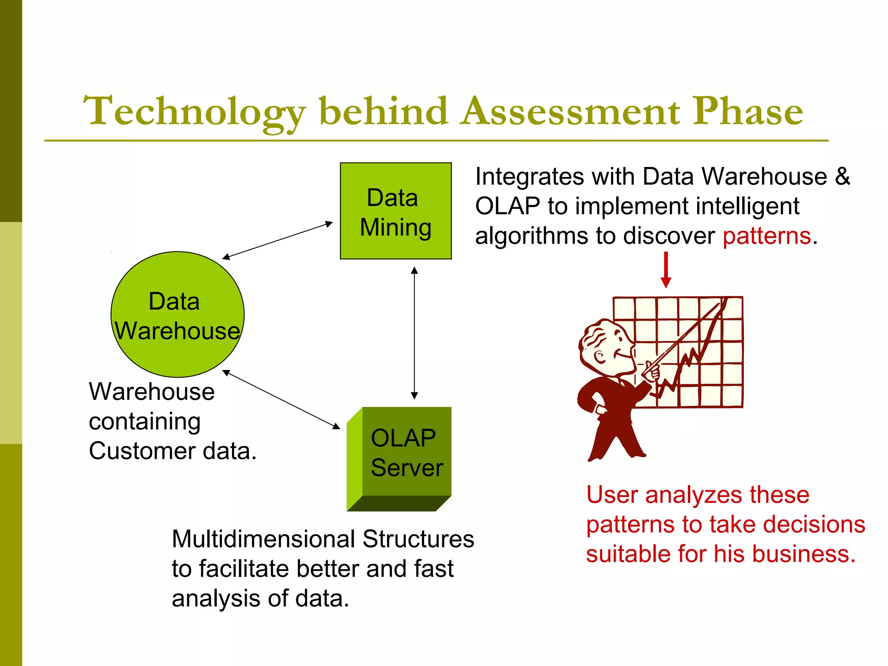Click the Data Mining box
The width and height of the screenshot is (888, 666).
pos(395,211)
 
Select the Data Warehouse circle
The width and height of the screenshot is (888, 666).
pos(177,314)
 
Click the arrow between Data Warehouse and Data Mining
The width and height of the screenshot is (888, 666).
pos(277,241)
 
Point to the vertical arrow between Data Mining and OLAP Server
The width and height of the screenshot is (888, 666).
pos(414,333)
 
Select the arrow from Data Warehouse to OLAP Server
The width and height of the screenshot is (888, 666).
pos(281,399)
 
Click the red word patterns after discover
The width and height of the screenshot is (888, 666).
pos(767,236)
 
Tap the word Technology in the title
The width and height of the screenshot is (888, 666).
pos(194,112)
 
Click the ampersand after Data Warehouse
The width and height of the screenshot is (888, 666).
pos(842,176)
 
